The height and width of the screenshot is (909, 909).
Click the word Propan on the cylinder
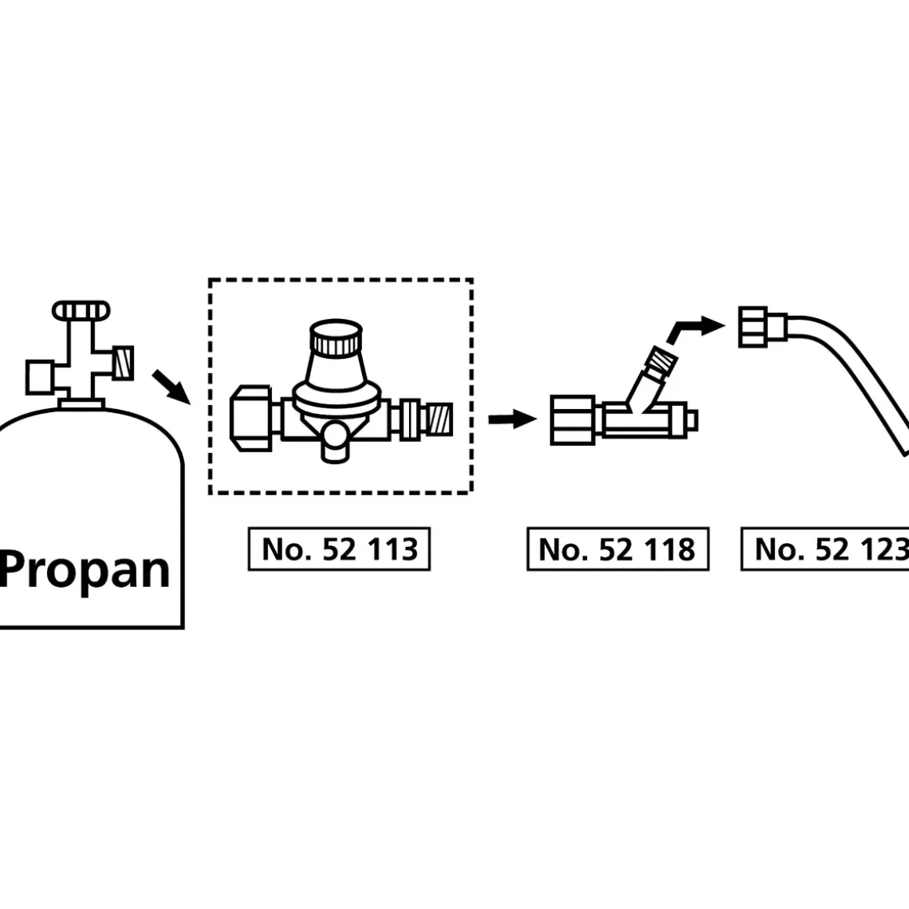click(85, 570)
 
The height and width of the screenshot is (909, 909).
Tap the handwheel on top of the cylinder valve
click(81, 310)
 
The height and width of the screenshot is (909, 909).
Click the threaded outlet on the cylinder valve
click(123, 362)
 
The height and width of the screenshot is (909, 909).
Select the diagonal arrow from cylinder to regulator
click(169, 386)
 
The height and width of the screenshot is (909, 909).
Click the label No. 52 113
click(339, 549)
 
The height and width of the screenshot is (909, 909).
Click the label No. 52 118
click(617, 549)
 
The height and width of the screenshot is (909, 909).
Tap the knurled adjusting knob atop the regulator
click(337, 337)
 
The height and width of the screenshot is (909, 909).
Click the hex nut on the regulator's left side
click(251, 418)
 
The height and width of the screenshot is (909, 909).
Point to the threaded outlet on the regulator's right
click(440, 419)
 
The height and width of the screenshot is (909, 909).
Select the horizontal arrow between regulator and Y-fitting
click(512, 420)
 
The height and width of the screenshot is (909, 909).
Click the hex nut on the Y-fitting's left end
click(576, 420)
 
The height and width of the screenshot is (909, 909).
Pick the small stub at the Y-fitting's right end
click(691, 420)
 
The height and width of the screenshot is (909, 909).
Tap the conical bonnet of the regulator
click(337, 370)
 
